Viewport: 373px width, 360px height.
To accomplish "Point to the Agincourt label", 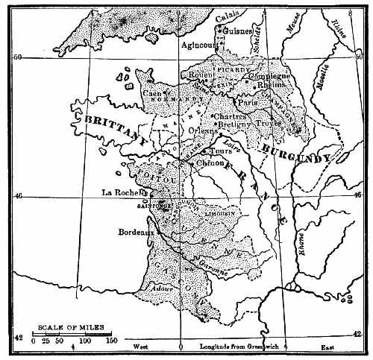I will click(199, 44).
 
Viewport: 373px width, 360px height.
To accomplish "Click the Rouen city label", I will click(202, 75).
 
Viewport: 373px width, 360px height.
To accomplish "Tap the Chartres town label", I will click(229, 116).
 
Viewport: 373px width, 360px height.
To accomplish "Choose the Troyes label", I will click(269, 123).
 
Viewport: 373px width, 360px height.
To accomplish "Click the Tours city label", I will click(222, 151).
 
